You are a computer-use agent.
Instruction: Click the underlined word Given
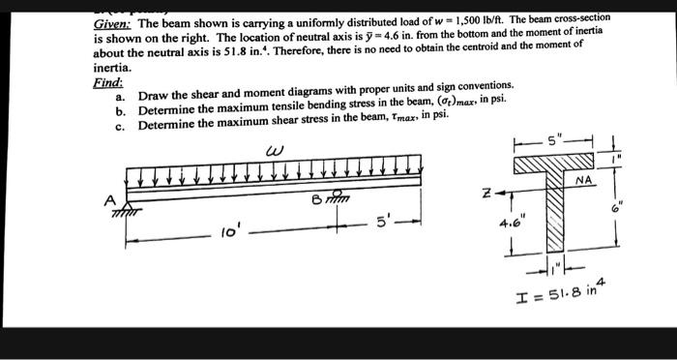112,23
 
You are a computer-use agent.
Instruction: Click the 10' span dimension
225,233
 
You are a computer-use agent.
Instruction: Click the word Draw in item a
155,97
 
